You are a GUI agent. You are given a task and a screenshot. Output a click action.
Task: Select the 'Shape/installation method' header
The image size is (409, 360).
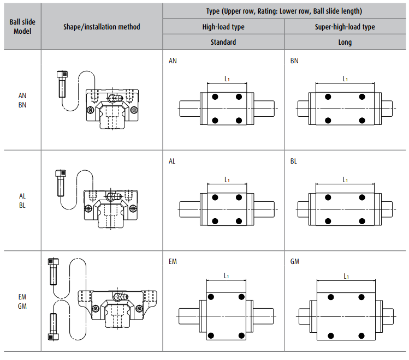point(102,27)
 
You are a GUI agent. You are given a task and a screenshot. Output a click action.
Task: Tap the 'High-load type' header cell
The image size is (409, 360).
point(223,27)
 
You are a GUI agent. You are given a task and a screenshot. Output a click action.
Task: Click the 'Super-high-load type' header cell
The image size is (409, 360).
point(345,27)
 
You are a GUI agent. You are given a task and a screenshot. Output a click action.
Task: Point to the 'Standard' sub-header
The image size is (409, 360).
point(223,42)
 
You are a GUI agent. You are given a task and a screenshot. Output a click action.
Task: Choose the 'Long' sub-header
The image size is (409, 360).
point(345,42)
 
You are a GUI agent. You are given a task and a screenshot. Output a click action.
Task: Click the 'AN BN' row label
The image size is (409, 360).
point(22,100)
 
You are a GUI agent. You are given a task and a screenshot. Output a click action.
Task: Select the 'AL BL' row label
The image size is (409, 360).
point(22,200)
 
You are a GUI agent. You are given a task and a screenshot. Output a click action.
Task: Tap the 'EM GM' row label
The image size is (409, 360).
point(22,301)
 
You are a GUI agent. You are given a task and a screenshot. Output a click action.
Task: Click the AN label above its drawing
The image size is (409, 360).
point(173,61)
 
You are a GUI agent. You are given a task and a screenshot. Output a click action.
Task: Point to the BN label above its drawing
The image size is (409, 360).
point(294,61)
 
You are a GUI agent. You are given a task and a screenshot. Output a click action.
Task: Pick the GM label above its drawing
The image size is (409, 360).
point(295,262)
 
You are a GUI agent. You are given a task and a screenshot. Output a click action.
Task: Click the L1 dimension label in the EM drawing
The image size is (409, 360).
point(226,276)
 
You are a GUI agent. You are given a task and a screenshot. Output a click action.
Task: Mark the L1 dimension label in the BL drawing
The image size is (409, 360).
point(345,179)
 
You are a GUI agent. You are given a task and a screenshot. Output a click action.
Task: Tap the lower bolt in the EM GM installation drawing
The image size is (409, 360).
point(53,326)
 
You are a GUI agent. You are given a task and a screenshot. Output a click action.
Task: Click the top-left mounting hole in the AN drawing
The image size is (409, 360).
point(215,97)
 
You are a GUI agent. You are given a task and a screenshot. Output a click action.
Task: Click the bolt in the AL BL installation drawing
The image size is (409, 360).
point(60,183)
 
